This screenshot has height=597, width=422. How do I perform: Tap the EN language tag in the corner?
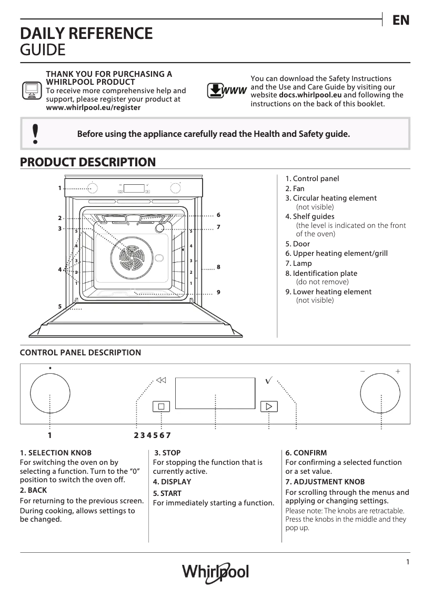click(x=401, y=21)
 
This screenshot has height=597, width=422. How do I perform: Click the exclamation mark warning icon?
click(x=35, y=134)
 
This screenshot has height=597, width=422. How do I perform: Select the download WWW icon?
click(x=227, y=91)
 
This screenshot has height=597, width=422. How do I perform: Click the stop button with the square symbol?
click(x=162, y=406)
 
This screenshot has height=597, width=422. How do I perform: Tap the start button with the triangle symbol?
click(x=268, y=406)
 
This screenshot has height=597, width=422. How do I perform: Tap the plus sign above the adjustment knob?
click(x=398, y=371)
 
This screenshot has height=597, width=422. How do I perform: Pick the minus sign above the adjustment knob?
click(x=363, y=371)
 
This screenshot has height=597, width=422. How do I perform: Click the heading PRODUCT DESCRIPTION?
click(x=87, y=162)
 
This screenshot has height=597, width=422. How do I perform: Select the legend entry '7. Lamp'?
click(x=298, y=263)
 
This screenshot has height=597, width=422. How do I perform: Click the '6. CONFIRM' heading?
click(x=306, y=453)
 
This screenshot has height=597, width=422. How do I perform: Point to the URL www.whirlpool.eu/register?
click(x=93, y=107)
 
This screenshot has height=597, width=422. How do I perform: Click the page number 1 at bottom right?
click(x=407, y=562)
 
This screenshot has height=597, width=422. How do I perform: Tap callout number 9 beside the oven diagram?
click(x=218, y=292)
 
